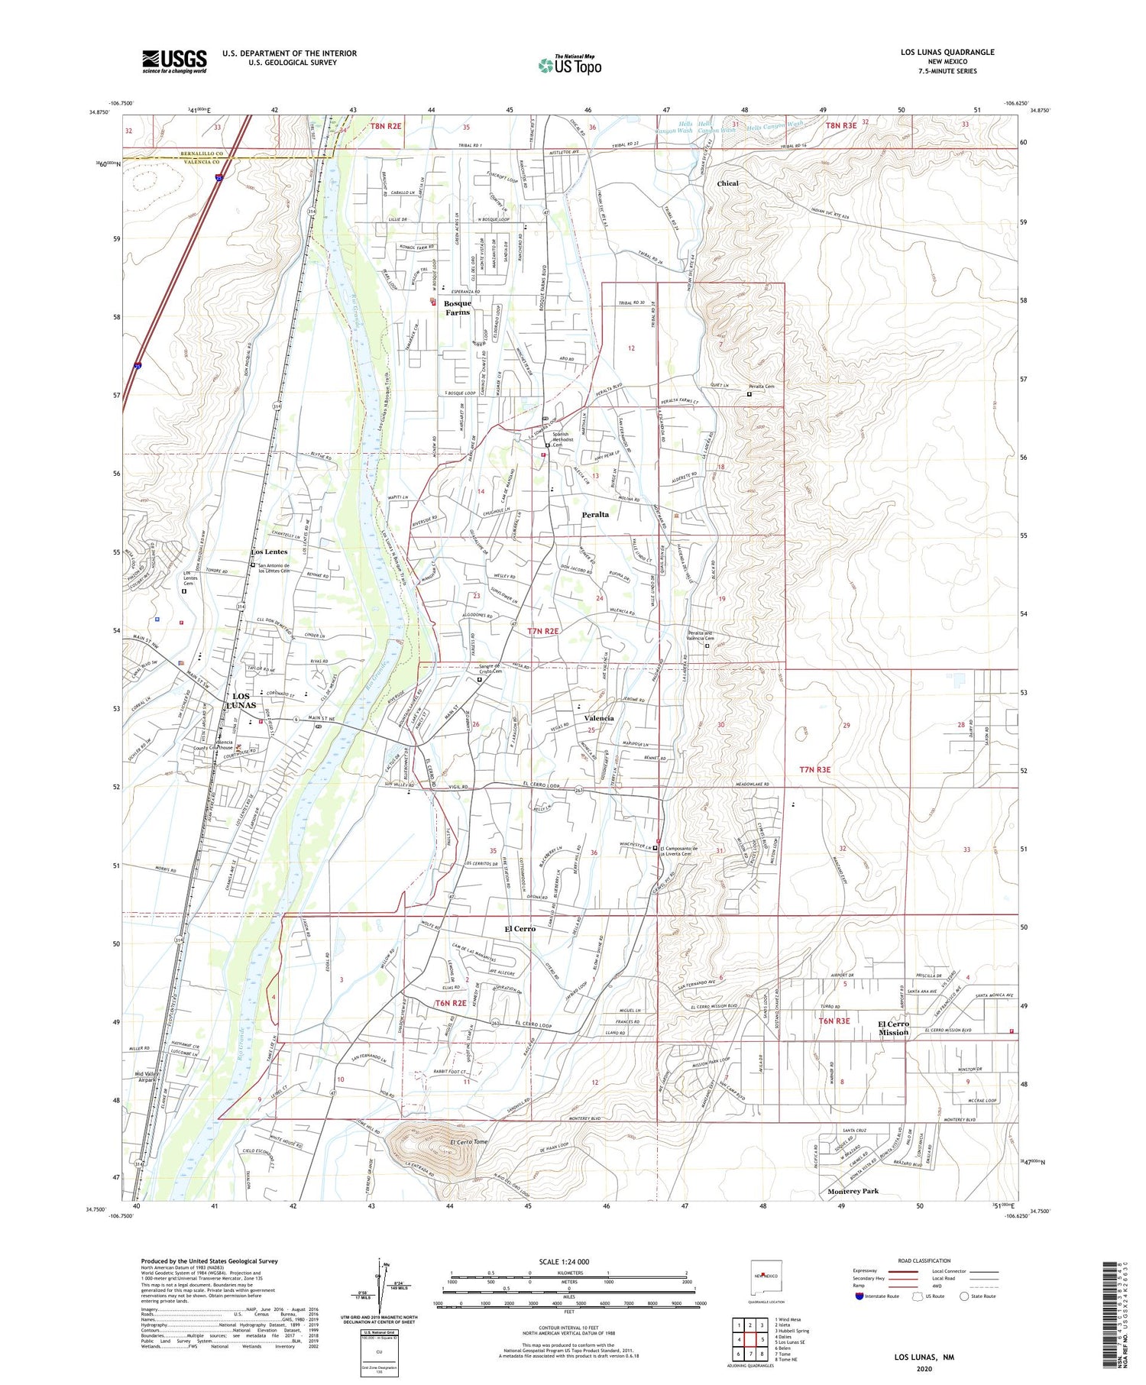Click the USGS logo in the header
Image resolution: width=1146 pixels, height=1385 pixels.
click(x=174, y=61)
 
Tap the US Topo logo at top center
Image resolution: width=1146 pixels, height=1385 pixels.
click(x=570, y=66)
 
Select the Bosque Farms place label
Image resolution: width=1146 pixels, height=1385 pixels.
click(x=458, y=308)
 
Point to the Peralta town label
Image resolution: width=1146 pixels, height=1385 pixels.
click(x=595, y=515)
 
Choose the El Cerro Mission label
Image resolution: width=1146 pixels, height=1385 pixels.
click(x=893, y=1027)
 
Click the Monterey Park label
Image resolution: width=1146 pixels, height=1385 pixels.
click(x=853, y=1191)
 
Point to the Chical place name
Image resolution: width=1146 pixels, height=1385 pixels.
click(x=727, y=183)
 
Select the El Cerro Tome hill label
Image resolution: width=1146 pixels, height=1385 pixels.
click(x=468, y=1142)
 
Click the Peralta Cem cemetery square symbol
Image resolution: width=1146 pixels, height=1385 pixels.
click(x=749, y=395)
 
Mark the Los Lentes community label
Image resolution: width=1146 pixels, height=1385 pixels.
click(x=270, y=552)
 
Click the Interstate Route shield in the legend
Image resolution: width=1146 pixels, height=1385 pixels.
click(x=860, y=1296)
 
